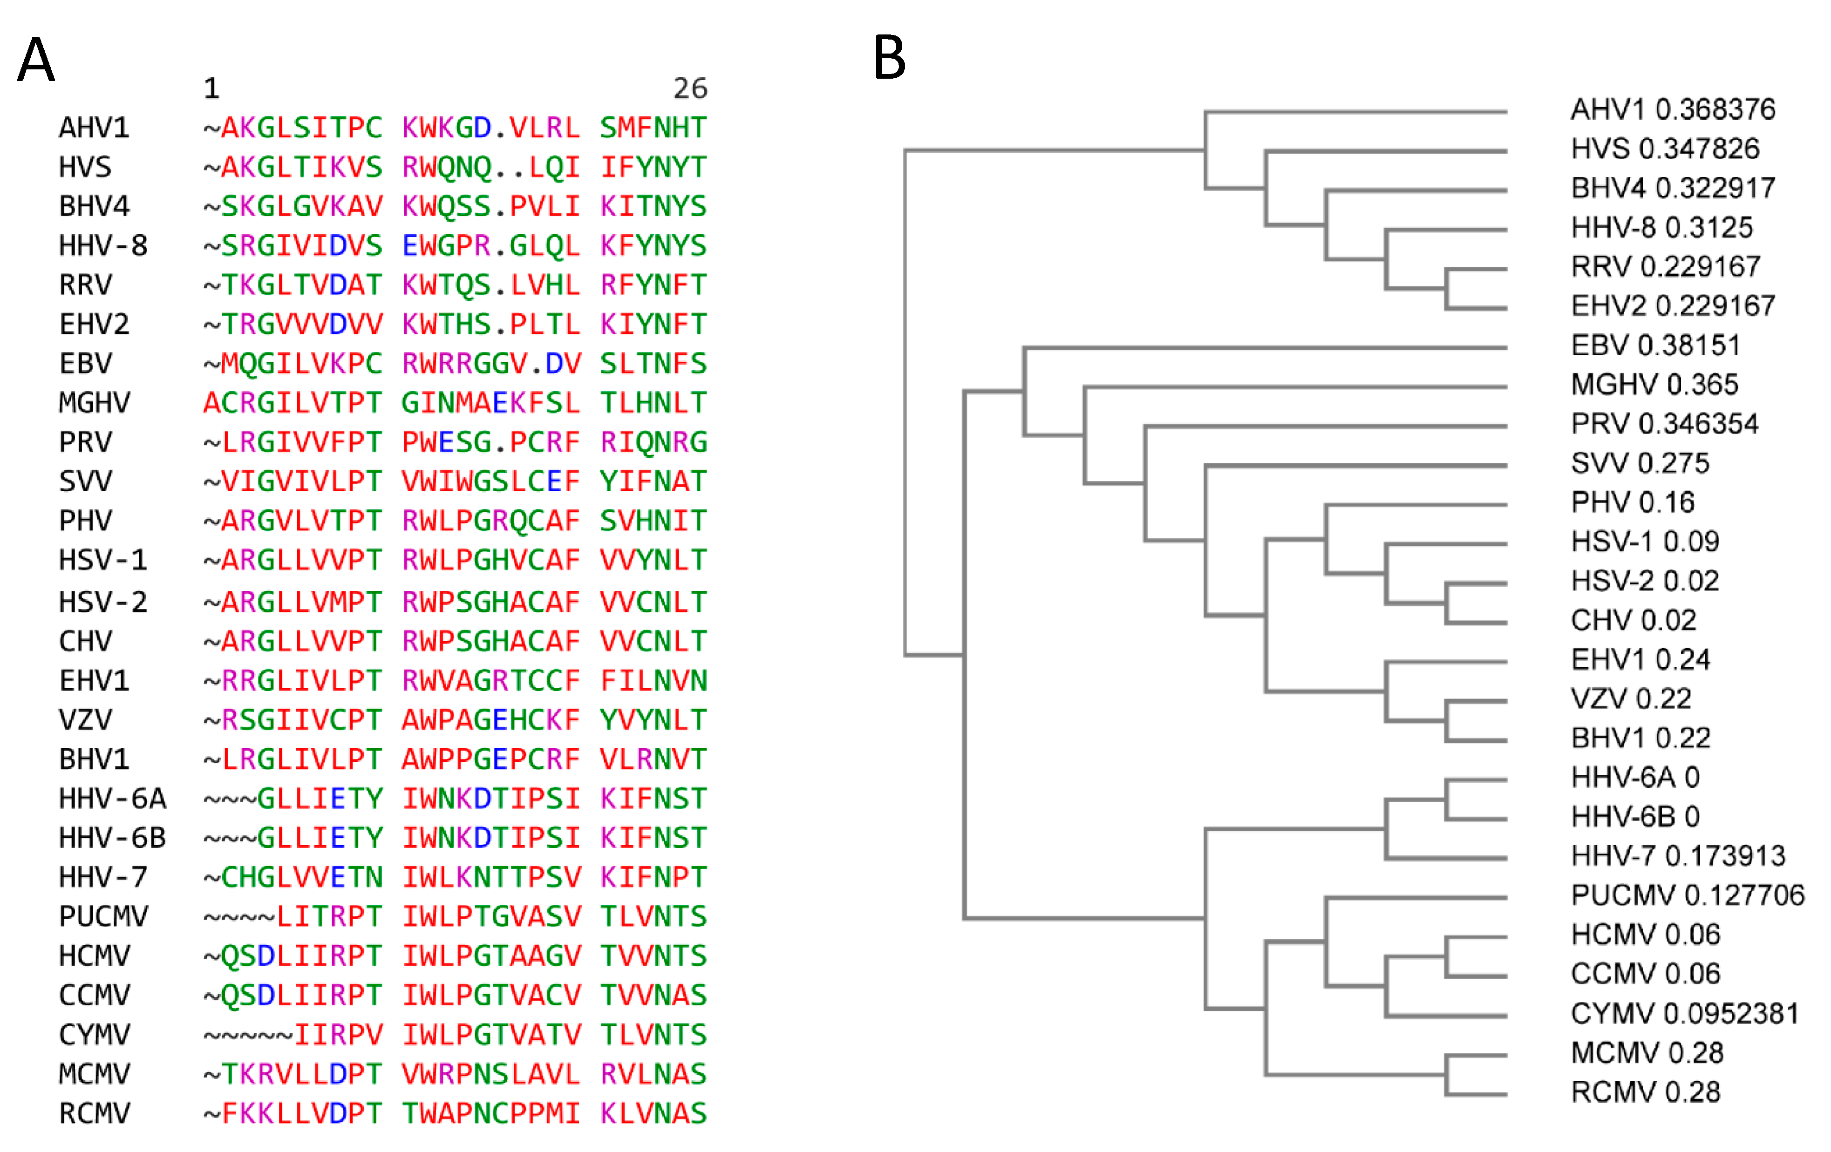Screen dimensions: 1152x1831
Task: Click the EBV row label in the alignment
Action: (x=86, y=364)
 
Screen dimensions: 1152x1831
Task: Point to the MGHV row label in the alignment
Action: (x=94, y=403)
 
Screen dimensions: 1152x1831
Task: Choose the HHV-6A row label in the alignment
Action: (x=112, y=799)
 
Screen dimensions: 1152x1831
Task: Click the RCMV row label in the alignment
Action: (x=94, y=1113)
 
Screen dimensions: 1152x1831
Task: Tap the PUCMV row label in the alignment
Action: (x=103, y=916)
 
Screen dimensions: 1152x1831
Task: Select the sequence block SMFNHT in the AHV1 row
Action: (x=653, y=128)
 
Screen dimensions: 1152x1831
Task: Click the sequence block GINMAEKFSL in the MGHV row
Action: (x=490, y=403)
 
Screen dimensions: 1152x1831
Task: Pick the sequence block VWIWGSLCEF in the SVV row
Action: (x=490, y=481)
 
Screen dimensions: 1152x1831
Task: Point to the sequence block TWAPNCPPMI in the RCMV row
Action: (x=490, y=1113)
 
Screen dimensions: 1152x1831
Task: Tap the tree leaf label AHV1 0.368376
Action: (x=1673, y=109)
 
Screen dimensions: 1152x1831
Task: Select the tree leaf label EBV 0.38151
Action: (x=1655, y=345)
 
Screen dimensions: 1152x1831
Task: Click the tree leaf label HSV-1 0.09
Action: (x=1645, y=542)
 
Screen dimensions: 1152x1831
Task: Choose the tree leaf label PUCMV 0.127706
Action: (x=1687, y=895)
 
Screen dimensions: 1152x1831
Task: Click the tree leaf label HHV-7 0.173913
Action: (x=1677, y=856)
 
